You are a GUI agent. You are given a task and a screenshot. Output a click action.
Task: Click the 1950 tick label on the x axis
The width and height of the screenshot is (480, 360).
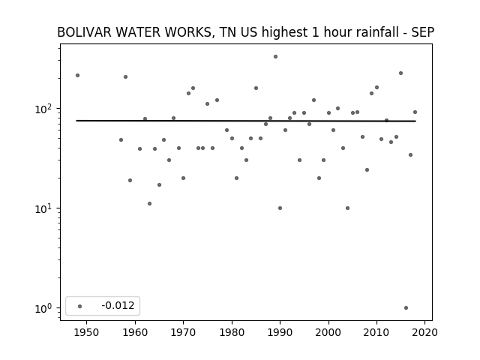click(x=86, y=332)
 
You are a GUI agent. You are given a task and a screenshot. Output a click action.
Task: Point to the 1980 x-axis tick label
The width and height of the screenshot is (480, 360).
click(x=232, y=332)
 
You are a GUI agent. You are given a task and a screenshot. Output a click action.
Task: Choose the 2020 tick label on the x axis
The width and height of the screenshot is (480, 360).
click(x=424, y=332)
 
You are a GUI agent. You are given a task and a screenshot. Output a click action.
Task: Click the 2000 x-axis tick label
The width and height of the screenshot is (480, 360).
click(x=328, y=332)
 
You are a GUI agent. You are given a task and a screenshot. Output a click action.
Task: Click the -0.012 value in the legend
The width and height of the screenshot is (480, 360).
click(x=118, y=305)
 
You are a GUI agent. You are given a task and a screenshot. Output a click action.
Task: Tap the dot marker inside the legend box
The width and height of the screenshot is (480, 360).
click(x=80, y=306)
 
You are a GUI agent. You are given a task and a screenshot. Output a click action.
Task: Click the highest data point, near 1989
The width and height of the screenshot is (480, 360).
click(x=275, y=57)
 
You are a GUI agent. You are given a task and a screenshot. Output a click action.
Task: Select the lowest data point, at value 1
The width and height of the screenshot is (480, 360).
click(x=406, y=308)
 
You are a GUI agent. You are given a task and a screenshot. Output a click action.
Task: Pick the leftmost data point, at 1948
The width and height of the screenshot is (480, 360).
click(x=77, y=75)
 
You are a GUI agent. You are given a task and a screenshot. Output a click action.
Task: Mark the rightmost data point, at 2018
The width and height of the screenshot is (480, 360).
click(x=415, y=112)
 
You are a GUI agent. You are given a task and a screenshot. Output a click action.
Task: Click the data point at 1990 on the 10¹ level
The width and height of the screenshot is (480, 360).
click(x=280, y=208)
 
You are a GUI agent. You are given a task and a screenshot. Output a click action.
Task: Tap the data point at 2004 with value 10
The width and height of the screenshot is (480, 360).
click(x=347, y=208)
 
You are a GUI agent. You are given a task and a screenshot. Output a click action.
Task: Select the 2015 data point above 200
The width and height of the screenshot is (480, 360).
click(x=400, y=73)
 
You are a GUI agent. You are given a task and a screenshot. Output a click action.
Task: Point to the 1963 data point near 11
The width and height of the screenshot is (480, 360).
click(x=149, y=203)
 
